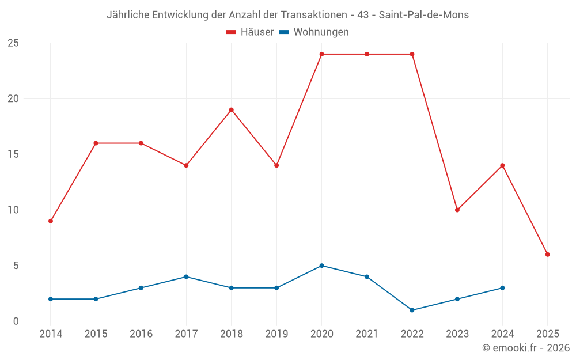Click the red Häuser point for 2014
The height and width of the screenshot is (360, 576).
click(x=51, y=221)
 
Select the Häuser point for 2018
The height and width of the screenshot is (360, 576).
click(x=232, y=110)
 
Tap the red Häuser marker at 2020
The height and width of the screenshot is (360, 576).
click(x=322, y=54)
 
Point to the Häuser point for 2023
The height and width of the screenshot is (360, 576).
click(x=457, y=210)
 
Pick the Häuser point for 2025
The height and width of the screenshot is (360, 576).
click(x=548, y=255)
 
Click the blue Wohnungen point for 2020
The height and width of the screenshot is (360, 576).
click(x=322, y=266)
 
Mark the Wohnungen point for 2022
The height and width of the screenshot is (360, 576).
click(x=412, y=310)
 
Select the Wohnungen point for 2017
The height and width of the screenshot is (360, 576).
click(x=186, y=277)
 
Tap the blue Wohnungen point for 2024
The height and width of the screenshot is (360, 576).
click(x=502, y=288)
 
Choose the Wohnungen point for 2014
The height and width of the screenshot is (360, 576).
click(x=51, y=299)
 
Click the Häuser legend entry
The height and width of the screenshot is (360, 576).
click(x=250, y=32)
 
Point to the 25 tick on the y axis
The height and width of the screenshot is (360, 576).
click(x=13, y=43)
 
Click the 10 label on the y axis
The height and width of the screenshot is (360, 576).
click(x=13, y=210)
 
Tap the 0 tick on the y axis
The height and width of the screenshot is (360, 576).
click(x=16, y=321)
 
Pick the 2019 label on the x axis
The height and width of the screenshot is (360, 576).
click(x=276, y=334)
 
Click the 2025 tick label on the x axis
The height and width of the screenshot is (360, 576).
click(x=548, y=334)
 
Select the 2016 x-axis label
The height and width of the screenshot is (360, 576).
click(x=141, y=334)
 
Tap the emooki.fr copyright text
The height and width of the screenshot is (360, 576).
click(x=526, y=348)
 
